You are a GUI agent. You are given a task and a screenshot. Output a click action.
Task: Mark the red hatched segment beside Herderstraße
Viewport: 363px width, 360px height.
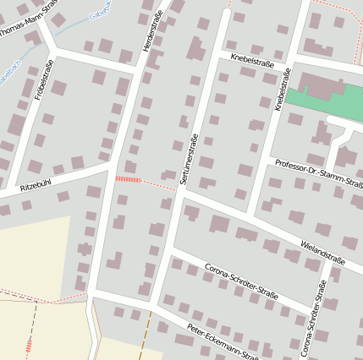pos(127,179)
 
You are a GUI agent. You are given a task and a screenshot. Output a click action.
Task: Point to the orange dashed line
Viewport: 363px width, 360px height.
pos(149,334)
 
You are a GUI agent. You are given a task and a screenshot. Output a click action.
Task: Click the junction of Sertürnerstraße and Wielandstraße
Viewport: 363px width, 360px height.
pos(179,189)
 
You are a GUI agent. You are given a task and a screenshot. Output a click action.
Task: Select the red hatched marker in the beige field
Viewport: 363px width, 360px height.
pos(30,345)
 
